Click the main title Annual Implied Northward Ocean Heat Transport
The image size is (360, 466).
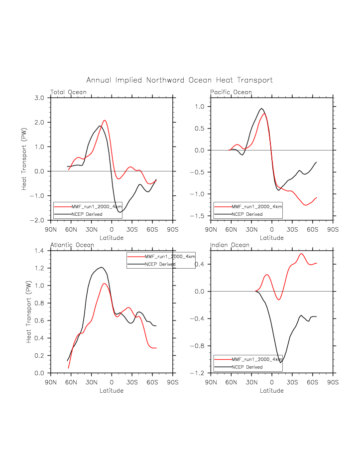179,80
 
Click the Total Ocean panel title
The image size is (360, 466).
68,92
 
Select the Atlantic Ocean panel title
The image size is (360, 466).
71,245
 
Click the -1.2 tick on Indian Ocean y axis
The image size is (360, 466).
199,373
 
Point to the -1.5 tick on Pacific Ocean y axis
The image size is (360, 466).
199,216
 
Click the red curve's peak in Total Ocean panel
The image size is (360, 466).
105,120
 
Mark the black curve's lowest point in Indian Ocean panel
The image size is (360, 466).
280,362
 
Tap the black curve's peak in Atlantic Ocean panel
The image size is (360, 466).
102,267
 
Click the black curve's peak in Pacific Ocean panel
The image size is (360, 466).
261,108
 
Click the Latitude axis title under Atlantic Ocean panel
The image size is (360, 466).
112,390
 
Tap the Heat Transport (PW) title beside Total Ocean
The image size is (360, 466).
23,159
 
